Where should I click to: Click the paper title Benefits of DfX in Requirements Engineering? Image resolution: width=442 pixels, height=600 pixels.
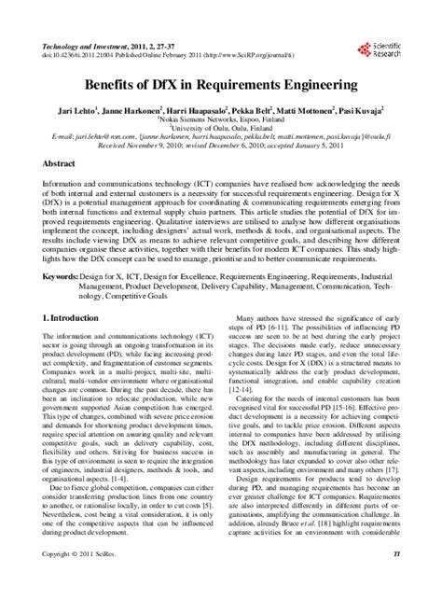221,83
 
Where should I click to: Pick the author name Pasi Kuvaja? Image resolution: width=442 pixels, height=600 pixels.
366,109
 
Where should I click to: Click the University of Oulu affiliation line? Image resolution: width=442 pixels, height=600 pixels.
220,127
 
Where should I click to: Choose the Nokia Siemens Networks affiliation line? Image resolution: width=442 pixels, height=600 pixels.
220,119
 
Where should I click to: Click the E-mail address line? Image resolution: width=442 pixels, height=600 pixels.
221,136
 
